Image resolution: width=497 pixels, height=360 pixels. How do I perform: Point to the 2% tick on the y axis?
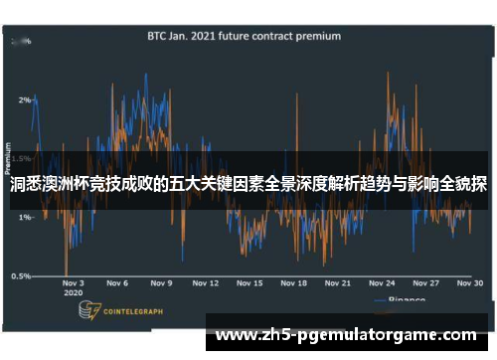(24, 100)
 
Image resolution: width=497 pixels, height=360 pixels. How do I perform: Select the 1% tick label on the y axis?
(24, 217)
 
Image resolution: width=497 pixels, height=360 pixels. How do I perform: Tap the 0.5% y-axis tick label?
(20, 275)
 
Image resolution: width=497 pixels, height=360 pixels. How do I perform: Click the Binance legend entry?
(404, 298)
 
